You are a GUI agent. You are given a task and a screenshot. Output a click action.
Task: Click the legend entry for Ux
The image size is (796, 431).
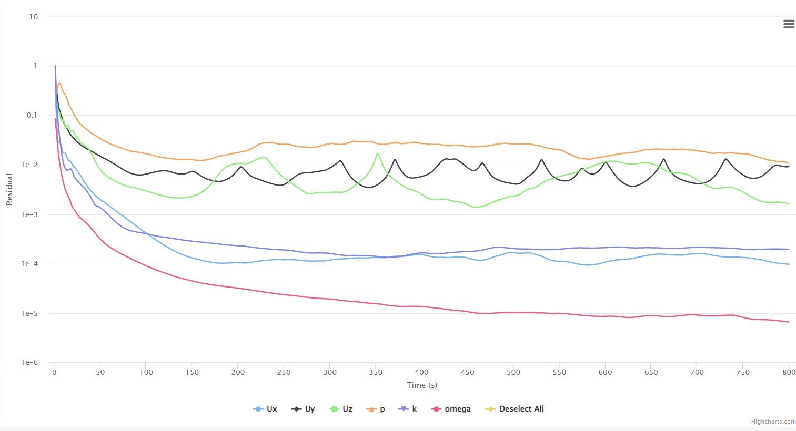coord(266,409)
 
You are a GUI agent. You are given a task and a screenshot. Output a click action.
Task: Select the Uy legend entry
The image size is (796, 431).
coord(304,409)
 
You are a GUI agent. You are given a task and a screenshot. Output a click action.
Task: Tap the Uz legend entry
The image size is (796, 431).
coord(341,409)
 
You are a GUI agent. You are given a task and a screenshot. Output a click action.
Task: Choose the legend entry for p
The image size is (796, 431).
coord(376,409)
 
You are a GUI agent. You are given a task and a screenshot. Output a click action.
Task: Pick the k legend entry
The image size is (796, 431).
coord(408,409)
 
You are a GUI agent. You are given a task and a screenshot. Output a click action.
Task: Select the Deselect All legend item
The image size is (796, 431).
coord(515,409)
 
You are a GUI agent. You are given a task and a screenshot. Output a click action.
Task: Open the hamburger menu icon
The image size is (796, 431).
coord(789,24)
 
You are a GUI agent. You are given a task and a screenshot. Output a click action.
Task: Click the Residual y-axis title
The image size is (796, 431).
coord(9,189)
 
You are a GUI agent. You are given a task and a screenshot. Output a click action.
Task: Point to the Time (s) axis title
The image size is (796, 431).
coord(422,385)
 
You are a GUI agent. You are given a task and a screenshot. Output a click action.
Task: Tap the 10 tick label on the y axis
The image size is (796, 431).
coord(34,17)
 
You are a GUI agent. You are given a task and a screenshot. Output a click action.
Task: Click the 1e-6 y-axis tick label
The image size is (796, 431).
coord(29,362)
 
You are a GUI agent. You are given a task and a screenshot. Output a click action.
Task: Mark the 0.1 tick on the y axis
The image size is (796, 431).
coord(32,115)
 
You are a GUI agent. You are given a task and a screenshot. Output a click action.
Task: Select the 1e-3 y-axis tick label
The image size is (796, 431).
coord(29,214)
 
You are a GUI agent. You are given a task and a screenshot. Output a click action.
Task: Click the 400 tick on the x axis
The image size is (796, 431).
coord(421,372)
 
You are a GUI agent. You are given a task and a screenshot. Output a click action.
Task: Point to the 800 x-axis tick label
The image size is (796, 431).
coord(789,372)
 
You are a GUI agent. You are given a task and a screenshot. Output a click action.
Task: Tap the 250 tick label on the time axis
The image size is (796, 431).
coord(284,372)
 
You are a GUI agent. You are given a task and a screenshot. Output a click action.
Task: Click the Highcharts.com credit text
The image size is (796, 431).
coord(773,422)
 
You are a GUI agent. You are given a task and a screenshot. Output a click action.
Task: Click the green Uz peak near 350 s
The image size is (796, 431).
coord(378,153)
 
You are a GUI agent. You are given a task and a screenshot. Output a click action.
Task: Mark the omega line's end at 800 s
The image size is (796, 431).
coord(789,322)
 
